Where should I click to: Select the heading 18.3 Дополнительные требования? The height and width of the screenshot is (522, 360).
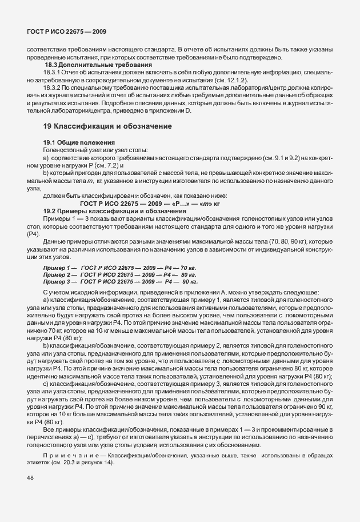click(86, 65)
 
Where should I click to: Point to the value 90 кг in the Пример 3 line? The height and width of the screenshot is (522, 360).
click(190, 282)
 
